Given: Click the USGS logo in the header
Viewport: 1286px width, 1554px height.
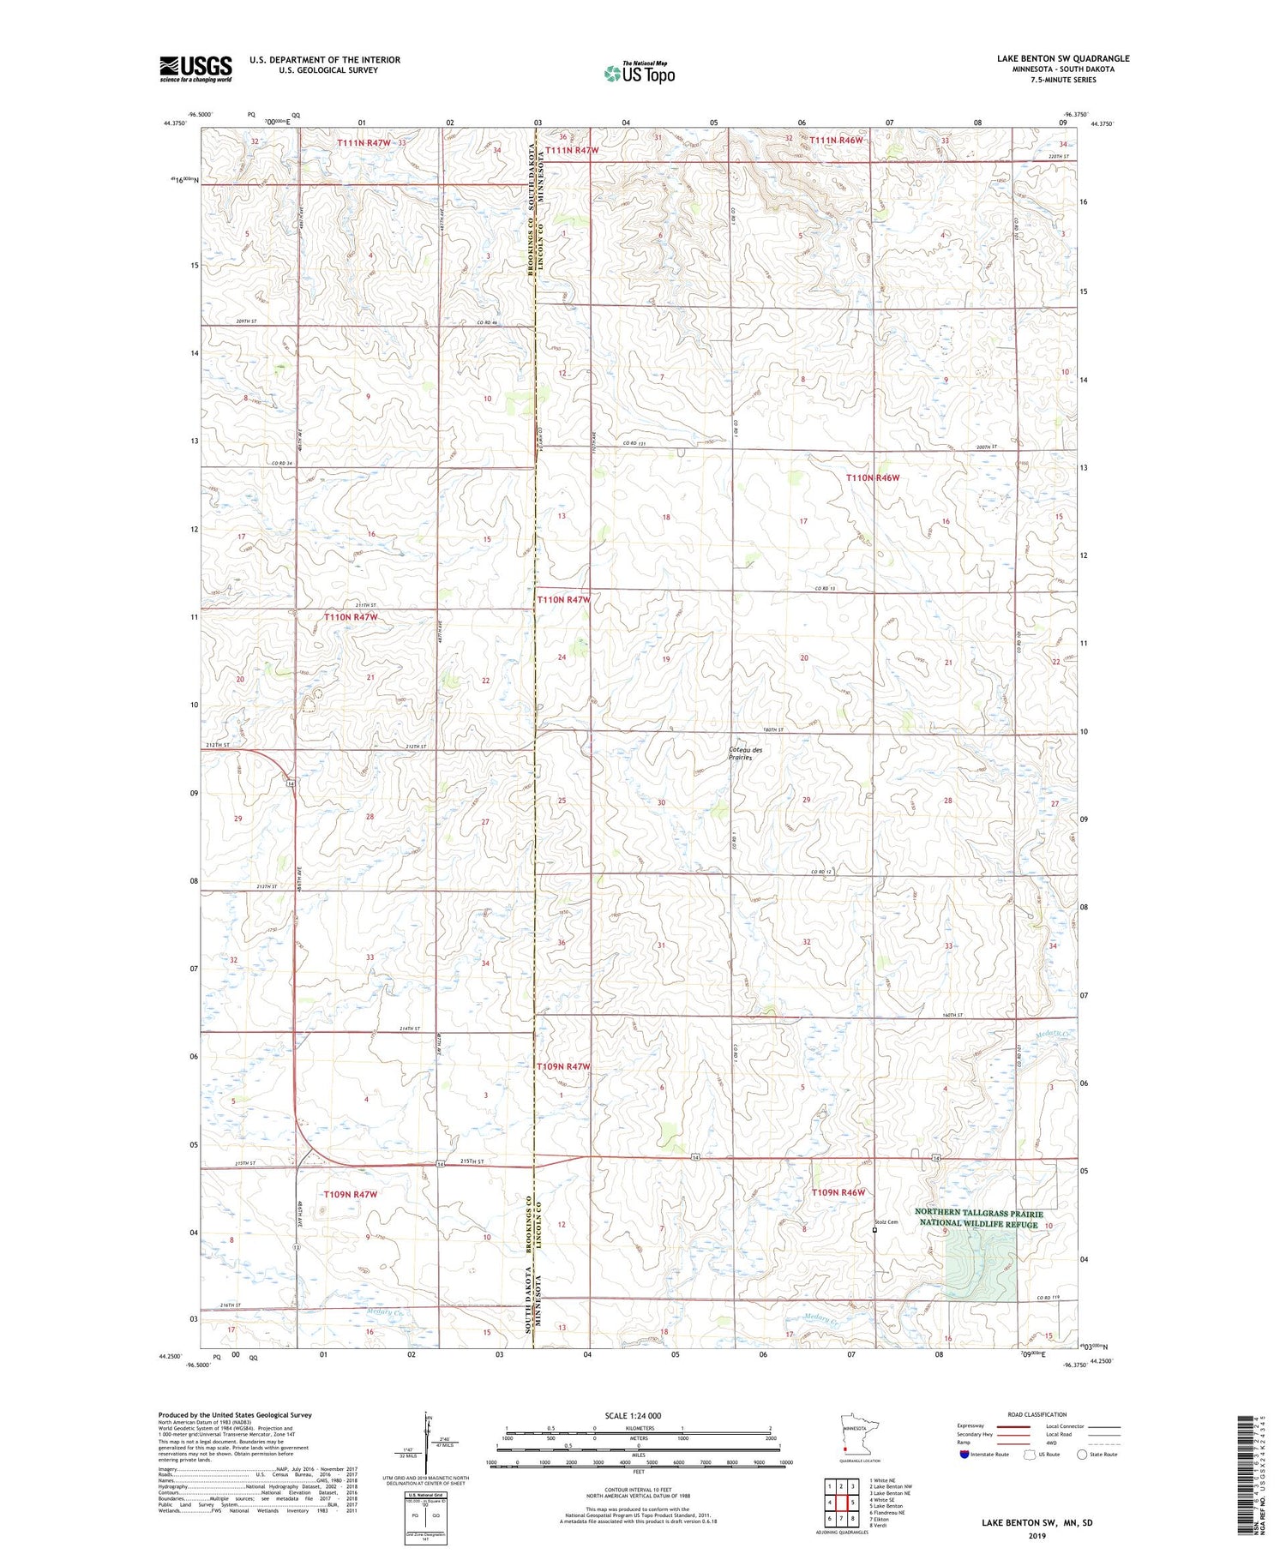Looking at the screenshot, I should click(x=195, y=69).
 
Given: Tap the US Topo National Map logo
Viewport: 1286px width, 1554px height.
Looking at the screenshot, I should click(x=639, y=73).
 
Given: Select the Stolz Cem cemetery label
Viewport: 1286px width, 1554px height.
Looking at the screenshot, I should click(x=886, y=1222).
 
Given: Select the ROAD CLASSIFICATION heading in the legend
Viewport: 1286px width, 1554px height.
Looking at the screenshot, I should click(x=1037, y=1414).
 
